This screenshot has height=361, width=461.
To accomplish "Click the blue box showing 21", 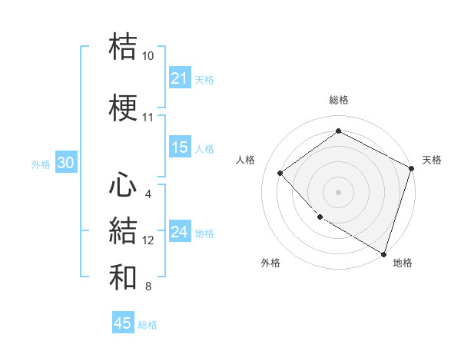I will [x=180, y=78].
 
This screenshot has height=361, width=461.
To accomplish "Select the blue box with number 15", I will [x=180, y=147].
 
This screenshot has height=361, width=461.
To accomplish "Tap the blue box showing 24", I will [x=180, y=232].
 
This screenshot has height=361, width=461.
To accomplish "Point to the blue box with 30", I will [x=65, y=163].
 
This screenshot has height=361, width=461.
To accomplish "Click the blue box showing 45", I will [x=123, y=323].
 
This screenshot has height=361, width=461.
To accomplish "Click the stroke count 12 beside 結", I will [x=148, y=240].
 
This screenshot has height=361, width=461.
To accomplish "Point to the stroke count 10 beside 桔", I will [x=148, y=56].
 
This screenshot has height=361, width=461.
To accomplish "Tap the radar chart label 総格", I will [x=338, y=100].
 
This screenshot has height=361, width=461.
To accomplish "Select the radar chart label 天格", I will [x=432, y=160].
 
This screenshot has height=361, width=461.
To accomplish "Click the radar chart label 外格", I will [x=270, y=263].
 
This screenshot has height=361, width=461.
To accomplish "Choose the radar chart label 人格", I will [x=245, y=160].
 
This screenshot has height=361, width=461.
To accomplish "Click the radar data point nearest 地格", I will [x=383, y=253].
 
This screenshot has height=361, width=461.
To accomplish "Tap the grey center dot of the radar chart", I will [x=338, y=192].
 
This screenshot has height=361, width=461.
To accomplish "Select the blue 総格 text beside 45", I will [x=148, y=325].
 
